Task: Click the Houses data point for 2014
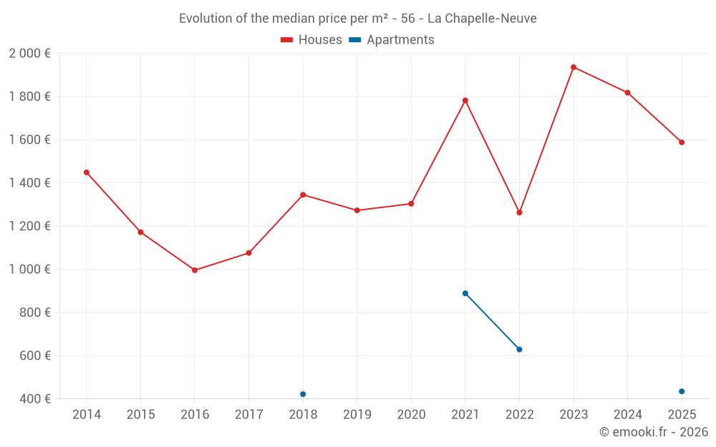pyautogui.click(x=87, y=172)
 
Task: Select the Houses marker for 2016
pyautogui.click(x=195, y=270)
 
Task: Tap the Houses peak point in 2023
pyautogui.click(x=574, y=67)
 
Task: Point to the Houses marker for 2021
pyautogui.click(x=465, y=101)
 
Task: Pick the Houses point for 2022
pyautogui.click(x=519, y=212)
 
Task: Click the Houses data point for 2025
pyautogui.click(x=682, y=142)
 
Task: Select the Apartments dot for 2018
pyautogui.click(x=303, y=394)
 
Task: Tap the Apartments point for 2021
pyautogui.click(x=465, y=293)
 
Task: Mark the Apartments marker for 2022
pyautogui.click(x=519, y=350)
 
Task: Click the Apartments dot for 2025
pyautogui.click(x=682, y=391)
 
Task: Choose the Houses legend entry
pyautogui.click(x=311, y=40)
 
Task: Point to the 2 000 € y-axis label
pyautogui.click(x=29, y=54)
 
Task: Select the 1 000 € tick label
pyautogui.click(x=29, y=270)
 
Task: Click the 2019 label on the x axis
pyautogui.click(x=357, y=415)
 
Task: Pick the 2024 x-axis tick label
pyautogui.click(x=628, y=415)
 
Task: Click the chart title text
pyautogui.click(x=358, y=19)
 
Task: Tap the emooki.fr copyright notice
pyautogui.click(x=654, y=432)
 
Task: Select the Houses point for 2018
pyautogui.click(x=303, y=195)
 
